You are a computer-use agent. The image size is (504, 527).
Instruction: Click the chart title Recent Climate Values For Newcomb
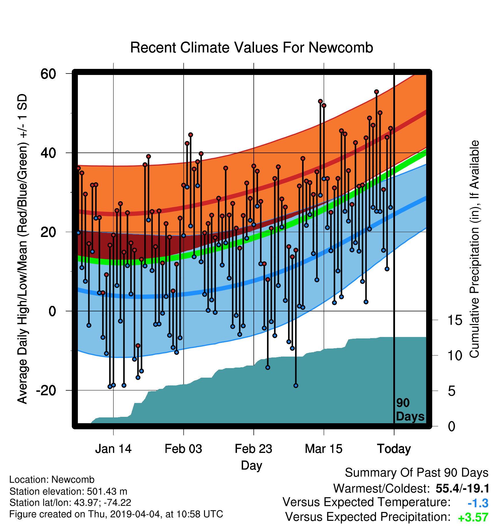251,48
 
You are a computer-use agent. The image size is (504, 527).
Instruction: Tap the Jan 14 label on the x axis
113,449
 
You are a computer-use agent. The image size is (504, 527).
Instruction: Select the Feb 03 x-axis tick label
183,449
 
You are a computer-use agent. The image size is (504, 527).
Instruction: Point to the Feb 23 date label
253,449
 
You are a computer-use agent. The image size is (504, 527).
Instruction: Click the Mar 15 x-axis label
324,449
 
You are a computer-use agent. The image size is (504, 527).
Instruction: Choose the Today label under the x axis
394,449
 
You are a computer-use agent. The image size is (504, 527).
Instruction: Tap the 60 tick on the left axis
48,74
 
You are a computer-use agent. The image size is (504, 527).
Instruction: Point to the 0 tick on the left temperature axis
52,311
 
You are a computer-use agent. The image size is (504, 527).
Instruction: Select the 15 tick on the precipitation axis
455,320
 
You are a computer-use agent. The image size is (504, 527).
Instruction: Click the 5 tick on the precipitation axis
452,391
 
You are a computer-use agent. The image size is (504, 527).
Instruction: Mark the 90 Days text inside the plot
410,410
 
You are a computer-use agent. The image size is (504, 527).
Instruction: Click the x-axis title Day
252,466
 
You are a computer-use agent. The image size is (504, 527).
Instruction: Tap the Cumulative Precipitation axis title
474,249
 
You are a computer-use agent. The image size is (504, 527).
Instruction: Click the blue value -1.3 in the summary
478,503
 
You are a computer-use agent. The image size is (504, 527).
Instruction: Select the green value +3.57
473,517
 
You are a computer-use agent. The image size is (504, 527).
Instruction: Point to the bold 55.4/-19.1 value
462,489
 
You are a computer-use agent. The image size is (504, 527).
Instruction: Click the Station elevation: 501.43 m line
68,491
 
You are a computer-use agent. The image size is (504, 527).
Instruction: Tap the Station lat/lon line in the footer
70,503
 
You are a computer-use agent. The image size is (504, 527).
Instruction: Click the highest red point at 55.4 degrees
376,92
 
